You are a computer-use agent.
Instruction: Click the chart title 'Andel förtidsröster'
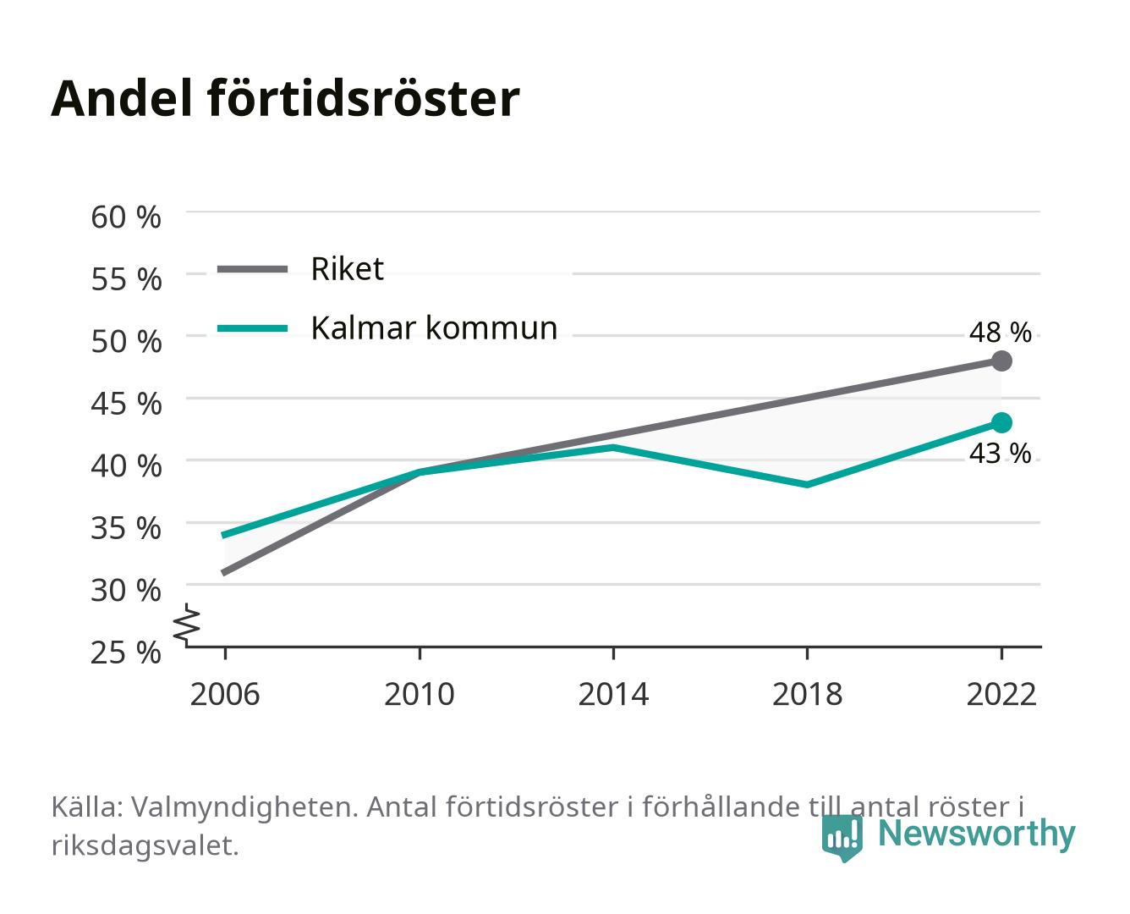(285, 98)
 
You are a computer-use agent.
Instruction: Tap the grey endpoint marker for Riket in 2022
(1001, 361)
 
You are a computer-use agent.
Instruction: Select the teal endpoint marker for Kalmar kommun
(1001, 423)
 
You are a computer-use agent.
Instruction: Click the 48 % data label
(1000, 333)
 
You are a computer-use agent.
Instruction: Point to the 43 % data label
(1000, 454)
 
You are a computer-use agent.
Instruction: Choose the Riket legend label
(347, 269)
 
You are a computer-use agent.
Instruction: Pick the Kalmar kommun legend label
(434, 328)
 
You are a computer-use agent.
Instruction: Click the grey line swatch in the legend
(253, 270)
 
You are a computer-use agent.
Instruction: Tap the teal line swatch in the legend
(253, 328)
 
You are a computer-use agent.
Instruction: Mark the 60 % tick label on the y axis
(126, 217)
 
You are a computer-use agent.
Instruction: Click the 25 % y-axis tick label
(126, 652)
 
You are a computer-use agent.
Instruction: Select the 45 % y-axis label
(126, 404)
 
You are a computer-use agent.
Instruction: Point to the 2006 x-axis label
(225, 694)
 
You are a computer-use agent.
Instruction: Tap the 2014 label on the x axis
(613, 694)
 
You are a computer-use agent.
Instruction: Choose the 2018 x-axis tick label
(807, 694)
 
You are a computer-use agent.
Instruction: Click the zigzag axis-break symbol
(187, 625)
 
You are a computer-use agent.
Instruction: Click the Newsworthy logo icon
(842, 838)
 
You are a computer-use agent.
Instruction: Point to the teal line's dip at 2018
(807, 485)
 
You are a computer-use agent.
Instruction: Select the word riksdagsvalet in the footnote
(145, 846)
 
